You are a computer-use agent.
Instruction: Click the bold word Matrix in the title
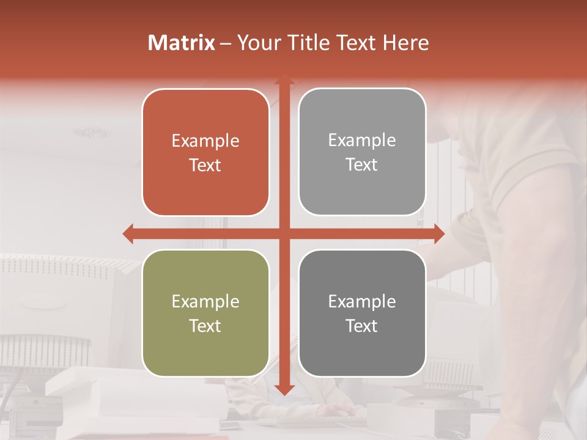click(x=182, y=43)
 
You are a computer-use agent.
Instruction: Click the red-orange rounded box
click(x=205, y=152)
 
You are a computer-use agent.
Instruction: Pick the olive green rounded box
click(x=205, y=313)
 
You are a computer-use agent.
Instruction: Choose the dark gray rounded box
click(x=362, y=313)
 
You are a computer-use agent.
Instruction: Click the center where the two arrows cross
click(x=284, y=233)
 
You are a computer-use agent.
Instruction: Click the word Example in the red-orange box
click(x=205, y=141)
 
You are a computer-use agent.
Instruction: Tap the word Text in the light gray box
click(x=362, y=164)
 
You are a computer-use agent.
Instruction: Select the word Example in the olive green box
click(x=205, y=302)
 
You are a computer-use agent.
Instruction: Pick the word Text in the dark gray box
click(x=362, y=326)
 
